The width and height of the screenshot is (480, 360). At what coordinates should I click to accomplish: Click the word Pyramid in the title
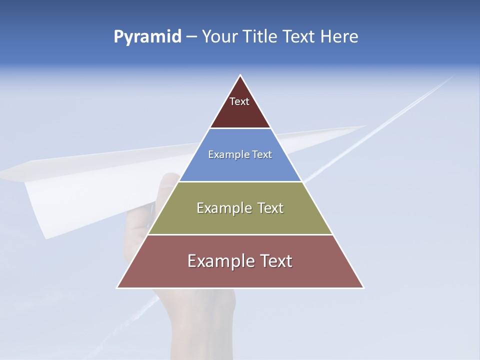[x=147, y=37]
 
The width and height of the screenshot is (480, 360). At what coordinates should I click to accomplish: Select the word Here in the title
[x=339, y=37]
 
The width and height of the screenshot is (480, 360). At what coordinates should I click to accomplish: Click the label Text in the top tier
[x=239, y=101]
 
